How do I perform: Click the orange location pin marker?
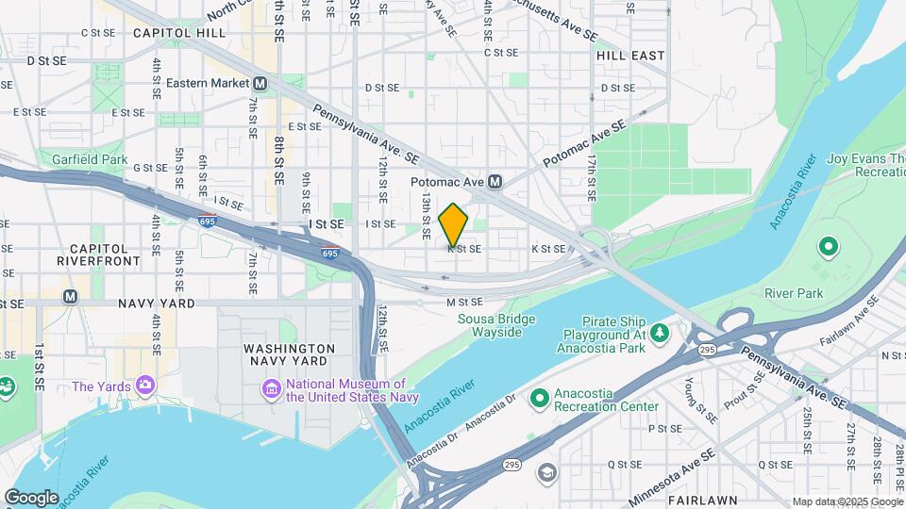454,224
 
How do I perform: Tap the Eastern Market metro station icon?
260,84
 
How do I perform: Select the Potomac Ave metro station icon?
494,181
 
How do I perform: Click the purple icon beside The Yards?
144,386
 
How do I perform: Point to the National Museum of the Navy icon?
271,389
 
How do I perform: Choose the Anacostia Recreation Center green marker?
539,399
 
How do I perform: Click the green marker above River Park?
829,249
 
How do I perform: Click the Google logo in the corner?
31,497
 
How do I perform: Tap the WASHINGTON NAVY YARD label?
289,354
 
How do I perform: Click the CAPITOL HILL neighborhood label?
179,32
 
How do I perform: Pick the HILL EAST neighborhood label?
630,56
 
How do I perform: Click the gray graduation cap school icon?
546,471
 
